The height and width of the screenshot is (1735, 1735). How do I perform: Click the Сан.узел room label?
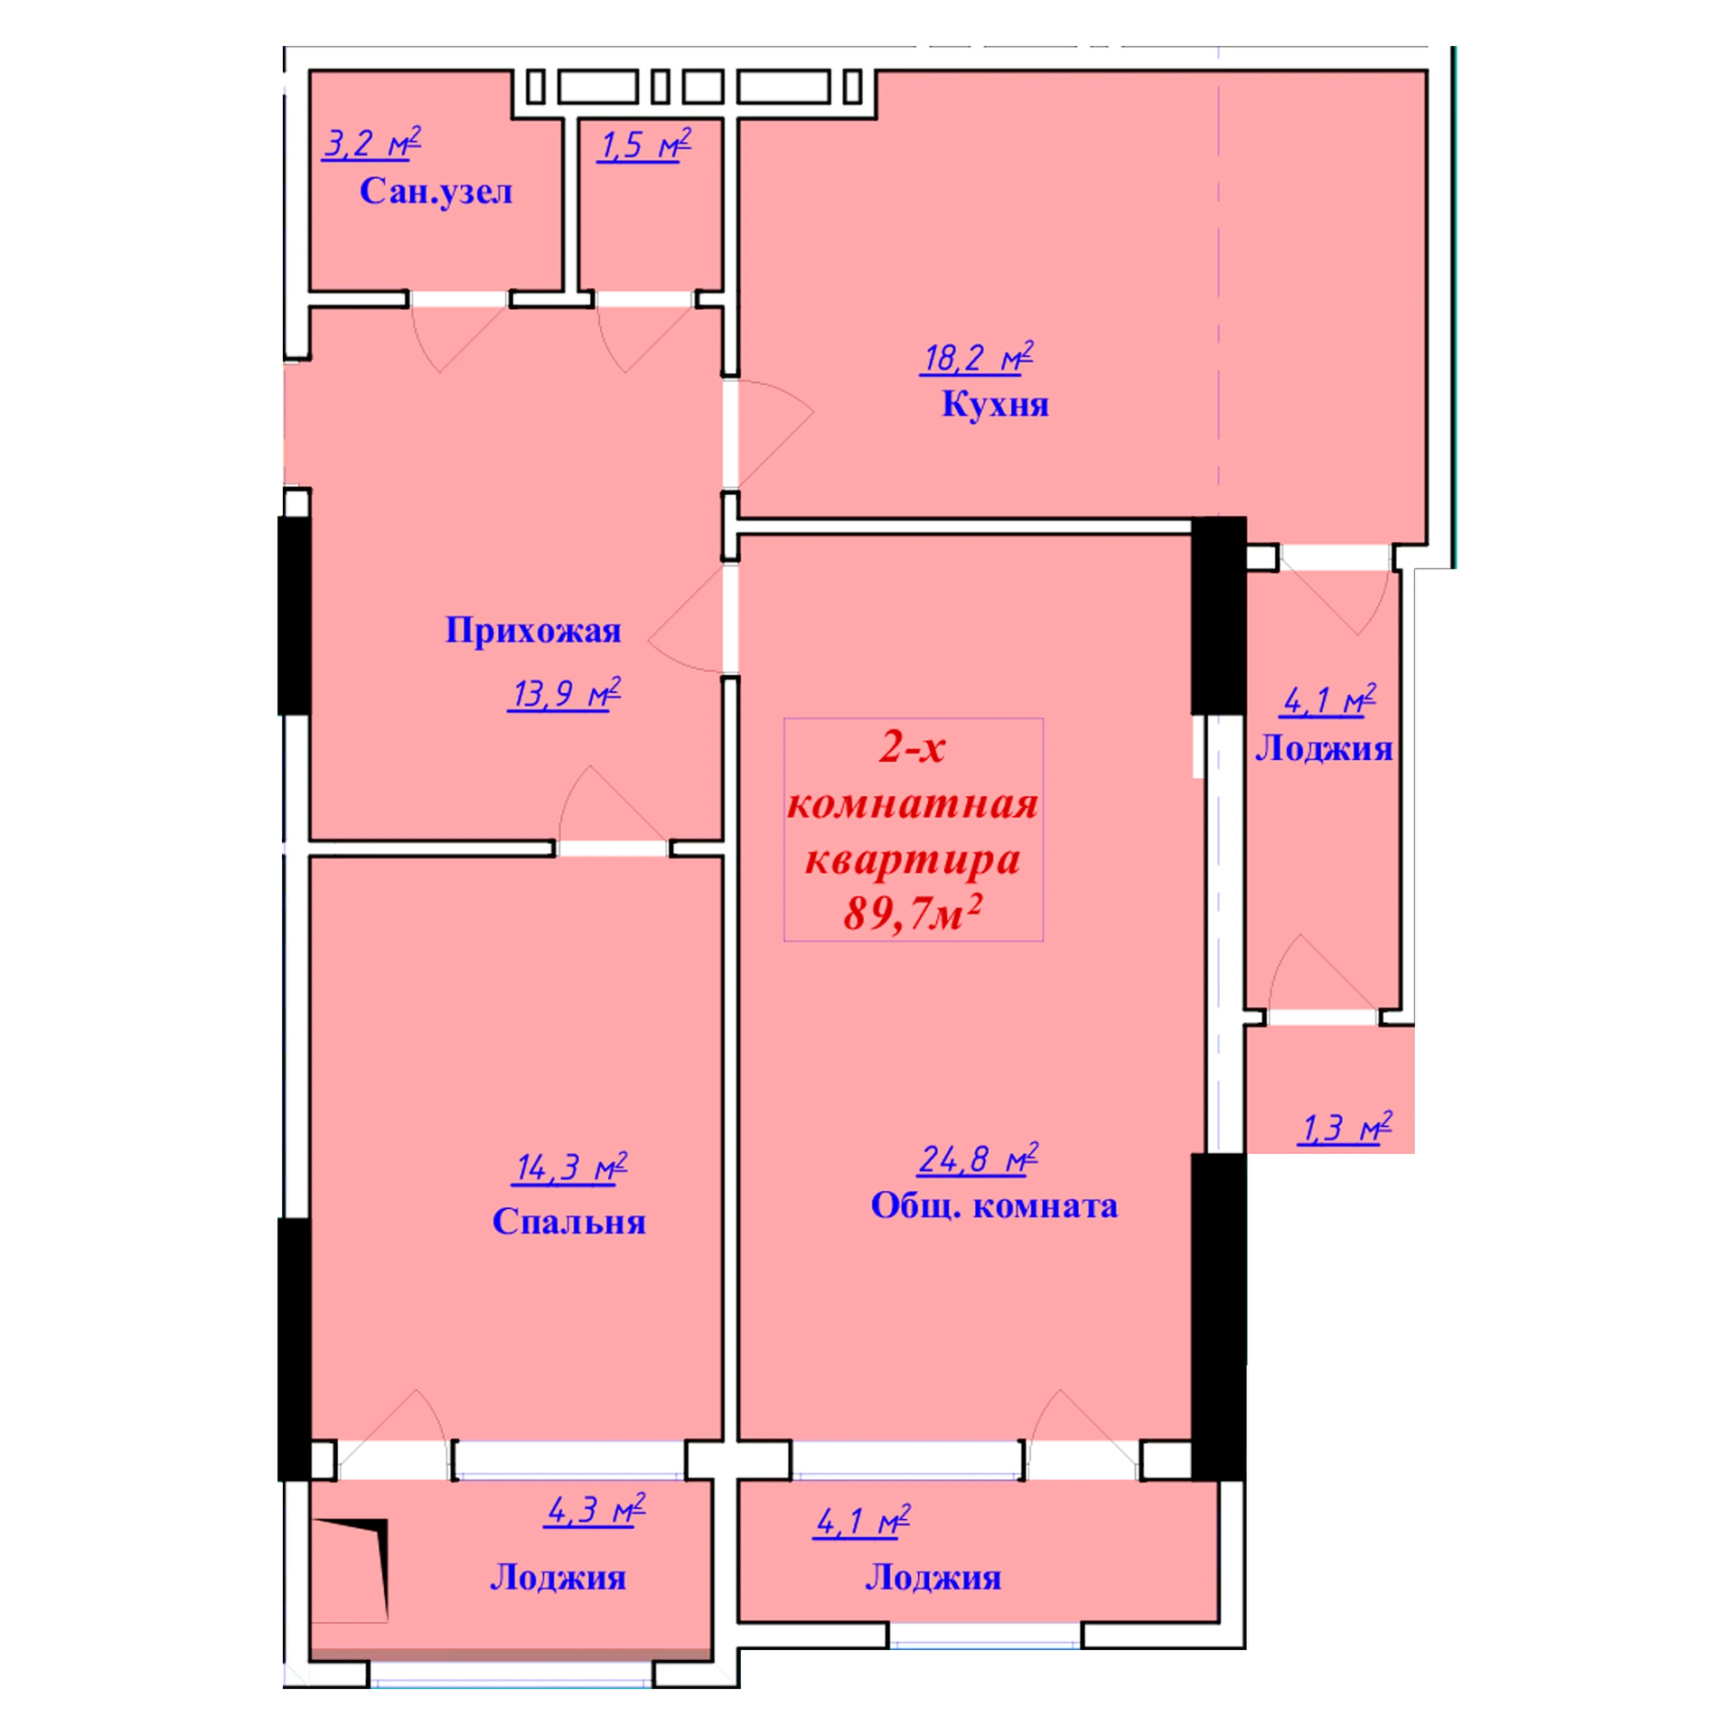point(436,192)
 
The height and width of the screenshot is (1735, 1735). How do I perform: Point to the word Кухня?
point(995,404)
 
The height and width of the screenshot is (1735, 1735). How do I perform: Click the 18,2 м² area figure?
point(977,358)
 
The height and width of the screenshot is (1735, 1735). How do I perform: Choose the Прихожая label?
point(533,631)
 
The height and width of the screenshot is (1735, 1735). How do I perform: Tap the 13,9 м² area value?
point(564,694)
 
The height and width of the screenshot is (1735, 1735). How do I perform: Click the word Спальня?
point(569,1222)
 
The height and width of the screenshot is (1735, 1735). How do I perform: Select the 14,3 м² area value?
point(570,1168)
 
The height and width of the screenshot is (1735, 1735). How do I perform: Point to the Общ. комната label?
point(994,1205)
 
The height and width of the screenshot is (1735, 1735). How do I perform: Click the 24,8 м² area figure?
point(978,1158)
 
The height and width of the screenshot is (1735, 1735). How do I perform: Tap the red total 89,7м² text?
point(913,913)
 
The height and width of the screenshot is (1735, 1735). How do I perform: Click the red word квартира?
point(913,860)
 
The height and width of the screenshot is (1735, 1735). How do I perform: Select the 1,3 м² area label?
point(1345,1129)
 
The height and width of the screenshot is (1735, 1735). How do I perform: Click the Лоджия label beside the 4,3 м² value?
point(558,1578)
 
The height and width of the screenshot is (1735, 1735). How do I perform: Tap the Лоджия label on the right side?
point(1324,748)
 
